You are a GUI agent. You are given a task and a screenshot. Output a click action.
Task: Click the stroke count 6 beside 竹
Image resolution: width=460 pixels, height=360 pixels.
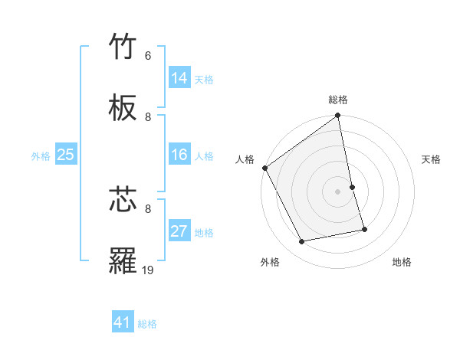point(148,56)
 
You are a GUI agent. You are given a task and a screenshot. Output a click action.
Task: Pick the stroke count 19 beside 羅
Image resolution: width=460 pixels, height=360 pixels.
point(148,269)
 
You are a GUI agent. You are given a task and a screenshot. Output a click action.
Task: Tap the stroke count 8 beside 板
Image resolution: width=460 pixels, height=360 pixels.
point(148,116)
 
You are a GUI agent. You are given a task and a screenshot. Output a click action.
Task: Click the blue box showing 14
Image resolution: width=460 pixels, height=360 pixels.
point(179,78)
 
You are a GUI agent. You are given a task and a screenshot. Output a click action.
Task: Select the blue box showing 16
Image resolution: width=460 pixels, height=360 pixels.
point(179,155)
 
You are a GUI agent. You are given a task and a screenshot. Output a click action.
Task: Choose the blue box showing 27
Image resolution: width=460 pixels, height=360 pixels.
point(179,231)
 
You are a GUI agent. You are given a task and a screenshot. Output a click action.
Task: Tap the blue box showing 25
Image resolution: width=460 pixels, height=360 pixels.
point(66,155)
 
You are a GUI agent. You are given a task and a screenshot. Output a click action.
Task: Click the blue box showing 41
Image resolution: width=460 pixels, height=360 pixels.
point(123,322)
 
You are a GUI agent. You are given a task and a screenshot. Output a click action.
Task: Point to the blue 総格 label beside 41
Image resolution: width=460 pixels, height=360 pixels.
point(147,324)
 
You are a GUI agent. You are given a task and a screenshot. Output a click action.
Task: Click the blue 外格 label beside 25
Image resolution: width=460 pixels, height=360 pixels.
point(41,156)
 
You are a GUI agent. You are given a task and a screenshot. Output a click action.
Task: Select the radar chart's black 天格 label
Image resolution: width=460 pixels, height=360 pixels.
point(432,159)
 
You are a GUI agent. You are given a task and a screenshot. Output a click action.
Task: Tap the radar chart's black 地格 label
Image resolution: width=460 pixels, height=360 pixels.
point(402,262)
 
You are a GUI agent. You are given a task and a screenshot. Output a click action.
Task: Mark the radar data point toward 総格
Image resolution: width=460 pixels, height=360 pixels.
point(338,116)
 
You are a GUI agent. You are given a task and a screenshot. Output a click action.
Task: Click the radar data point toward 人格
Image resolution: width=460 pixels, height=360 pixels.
point(265,168)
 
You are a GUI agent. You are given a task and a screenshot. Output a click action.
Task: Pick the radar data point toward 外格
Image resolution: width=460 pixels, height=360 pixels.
point(302,242)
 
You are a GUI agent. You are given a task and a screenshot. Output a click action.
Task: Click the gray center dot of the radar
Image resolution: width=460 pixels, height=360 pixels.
point(338,191)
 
